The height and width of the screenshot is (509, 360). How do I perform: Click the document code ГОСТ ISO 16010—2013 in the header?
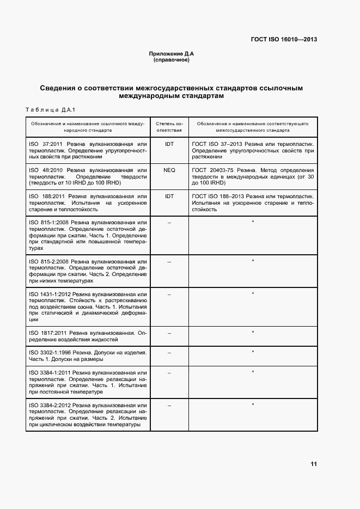284,40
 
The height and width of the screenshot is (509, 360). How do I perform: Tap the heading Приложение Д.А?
172,54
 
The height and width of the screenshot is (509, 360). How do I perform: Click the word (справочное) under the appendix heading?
172,60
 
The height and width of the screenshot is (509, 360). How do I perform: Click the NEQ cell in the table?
169,170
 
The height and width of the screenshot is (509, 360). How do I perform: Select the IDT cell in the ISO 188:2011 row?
169,196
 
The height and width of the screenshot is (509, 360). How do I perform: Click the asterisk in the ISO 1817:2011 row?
253,332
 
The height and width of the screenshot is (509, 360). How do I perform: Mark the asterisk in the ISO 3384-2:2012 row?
253,405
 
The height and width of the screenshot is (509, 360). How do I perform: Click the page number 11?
313,464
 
